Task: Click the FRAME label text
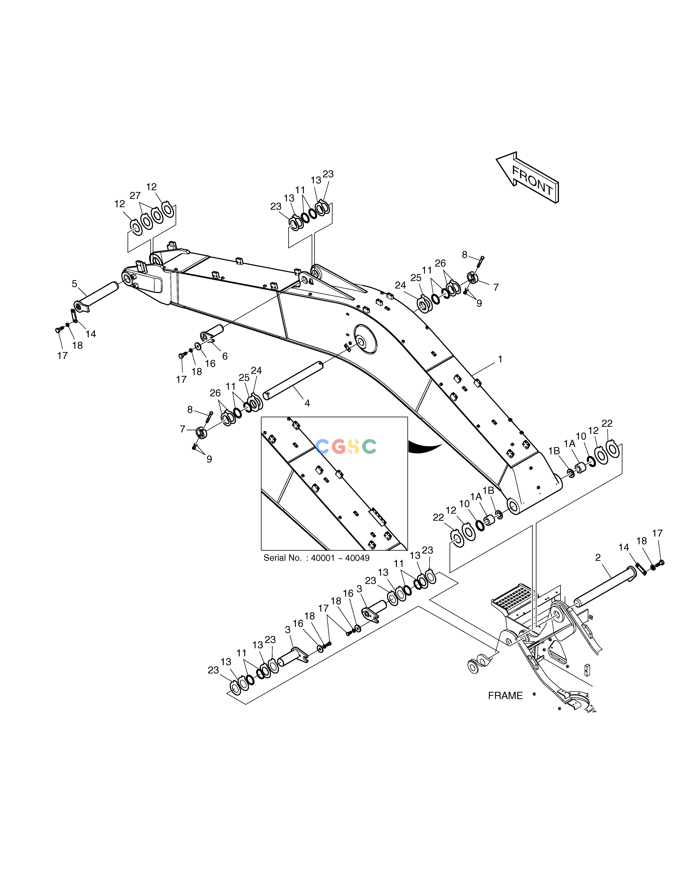coord(505,695)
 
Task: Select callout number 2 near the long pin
coord(598,557)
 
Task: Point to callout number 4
coord(307,403)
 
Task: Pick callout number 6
coord(225,356)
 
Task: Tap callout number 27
coord(135,196)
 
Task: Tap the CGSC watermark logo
coord(346,447)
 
